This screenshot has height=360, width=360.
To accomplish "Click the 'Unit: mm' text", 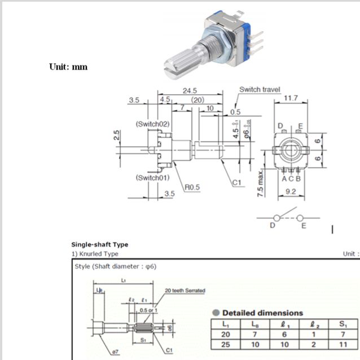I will pyautogui.click(x=68, y=67).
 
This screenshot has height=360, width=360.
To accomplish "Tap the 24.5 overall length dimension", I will pyautogui.click(x=189, y=90).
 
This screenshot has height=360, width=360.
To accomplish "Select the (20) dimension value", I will pyautogui.click(x=197, y=99).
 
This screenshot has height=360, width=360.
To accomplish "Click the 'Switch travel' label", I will pyautogui.click(x=260, y=90).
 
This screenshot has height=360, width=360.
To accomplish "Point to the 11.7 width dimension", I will pyautogui.click(x=291, y=98).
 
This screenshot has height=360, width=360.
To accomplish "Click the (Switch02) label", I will pyautogui.click(x=152, y=124).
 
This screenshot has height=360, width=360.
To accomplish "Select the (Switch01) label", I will pyautogui.click(x=152, y=178).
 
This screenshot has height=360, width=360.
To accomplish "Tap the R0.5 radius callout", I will pyautogui.click(x=192, y=187).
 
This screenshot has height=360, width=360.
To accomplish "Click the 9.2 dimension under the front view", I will pyautogui.click(x=291, y=192).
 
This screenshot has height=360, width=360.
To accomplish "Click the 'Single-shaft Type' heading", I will pyautogui.click(x=99, y=244).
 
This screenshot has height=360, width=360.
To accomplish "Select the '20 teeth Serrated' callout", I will pyautogui.click(x=185, y=291).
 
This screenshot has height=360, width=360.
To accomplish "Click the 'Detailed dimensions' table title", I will pyautogui.click(x=262, y=313).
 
